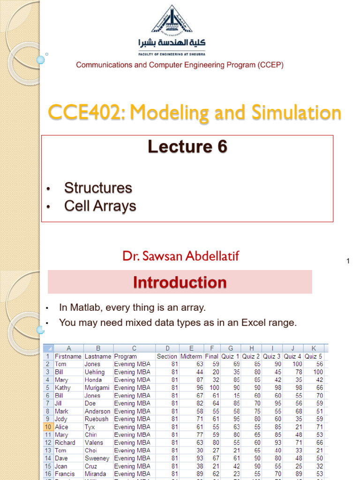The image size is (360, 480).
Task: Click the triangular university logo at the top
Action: [x=172, y=20]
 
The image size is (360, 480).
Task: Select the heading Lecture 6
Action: [x=187, y=146]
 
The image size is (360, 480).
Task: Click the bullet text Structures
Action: [x=98, y=187]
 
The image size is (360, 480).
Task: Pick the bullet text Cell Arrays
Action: [x=100, y=206]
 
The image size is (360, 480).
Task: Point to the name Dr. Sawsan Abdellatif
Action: [x=180, y=256]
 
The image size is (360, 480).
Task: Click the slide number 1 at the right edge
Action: [x=348, y=261]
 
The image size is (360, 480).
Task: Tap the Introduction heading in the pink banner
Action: [x=180, y=282]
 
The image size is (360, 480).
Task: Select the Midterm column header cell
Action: [x=191, y=356]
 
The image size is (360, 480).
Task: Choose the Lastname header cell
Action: [x=98, y=356]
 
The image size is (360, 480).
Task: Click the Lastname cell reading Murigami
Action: [x=97, y=388]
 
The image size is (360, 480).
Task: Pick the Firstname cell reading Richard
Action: [x=65, y=442]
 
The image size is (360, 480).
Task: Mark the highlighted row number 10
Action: [x=48, y=427]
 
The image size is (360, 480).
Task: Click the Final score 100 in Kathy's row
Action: [x=214, y=388]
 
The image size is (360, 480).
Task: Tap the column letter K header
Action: [x=314, y=348]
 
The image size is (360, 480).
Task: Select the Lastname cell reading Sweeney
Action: [x=97, y=458]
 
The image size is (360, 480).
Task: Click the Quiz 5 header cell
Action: [x=313, y=356]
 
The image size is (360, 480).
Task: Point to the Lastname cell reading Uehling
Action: [x=95, y=372]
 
